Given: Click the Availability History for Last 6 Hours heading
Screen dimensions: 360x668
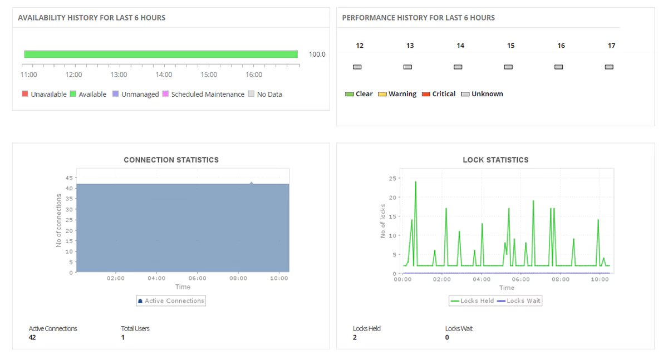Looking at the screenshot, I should [x=91, y=18].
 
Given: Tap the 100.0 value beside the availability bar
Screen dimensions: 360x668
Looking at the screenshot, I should [x=317, y=55].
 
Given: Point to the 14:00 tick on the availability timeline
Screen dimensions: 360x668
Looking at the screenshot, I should [x=164, y=75].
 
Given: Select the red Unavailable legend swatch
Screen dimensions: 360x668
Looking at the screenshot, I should [x=25, y=94].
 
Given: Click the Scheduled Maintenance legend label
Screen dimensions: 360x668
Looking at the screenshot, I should [x=208, y=95].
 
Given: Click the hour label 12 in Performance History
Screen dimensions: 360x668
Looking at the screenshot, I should [x=360, y=46].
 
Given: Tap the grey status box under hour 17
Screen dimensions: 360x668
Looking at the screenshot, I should [x=609, y=67].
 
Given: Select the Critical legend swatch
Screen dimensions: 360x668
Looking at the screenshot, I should [x=426, y=94].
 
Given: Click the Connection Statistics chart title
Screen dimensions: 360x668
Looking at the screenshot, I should [x=171, y=160].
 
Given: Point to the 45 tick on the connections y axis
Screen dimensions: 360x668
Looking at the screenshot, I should [x=70, y=178].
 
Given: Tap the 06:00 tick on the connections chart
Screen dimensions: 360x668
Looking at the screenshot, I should [x=197, y=278].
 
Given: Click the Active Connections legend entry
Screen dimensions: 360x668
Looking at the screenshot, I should [x=171, y=301].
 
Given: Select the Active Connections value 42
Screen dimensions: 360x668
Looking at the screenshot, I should [x=32, y=337].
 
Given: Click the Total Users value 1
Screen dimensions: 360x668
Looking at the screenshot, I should [x=123, y=337].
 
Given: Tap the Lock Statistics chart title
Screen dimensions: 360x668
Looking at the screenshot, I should [x=495, y=160].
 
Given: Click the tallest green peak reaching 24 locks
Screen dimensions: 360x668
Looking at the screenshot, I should [x=415, y=183].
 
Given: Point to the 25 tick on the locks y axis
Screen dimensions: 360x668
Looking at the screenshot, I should [x=392, y=178].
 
